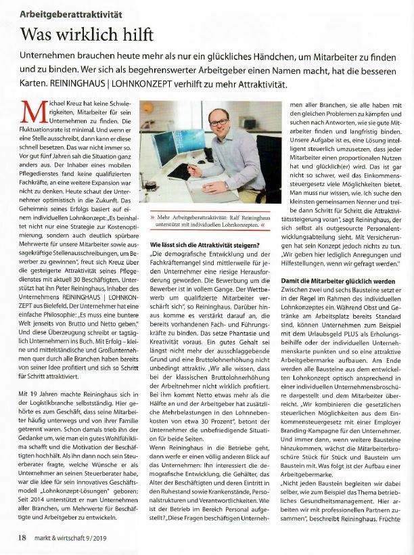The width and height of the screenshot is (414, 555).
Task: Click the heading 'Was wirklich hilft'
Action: pos(87,34)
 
